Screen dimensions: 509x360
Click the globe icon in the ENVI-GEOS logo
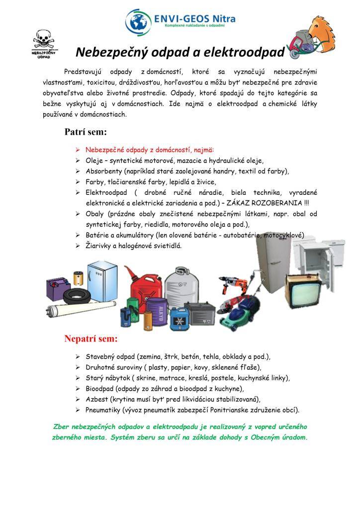point(138,21)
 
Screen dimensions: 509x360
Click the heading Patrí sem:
point(86,132)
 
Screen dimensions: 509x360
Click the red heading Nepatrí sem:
point(91,339)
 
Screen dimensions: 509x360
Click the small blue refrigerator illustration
point(101,282)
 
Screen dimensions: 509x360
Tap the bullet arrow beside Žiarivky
point(78,246)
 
